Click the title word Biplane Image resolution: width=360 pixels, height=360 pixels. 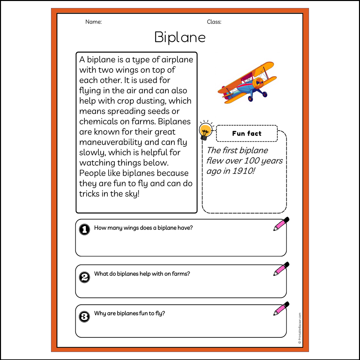point(180,37)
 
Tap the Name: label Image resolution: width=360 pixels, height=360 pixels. point(94,22)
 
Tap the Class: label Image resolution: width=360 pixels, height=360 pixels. point(214,22)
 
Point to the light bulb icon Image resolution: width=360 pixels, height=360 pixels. point(206,130)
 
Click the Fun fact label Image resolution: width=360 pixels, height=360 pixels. point(247,133)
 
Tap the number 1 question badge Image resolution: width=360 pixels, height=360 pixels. point(85,230)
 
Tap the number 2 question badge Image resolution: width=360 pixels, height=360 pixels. point(85,277)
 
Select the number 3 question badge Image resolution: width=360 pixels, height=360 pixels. point(85,316)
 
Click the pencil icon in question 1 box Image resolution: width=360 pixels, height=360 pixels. point(281,224)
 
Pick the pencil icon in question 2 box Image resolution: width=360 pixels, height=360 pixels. point(281,269)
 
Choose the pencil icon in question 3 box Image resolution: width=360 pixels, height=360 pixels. point(281,309)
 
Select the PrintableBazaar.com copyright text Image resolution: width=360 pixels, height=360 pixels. point(300,328)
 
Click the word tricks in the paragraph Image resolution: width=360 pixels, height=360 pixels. point(89,194)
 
